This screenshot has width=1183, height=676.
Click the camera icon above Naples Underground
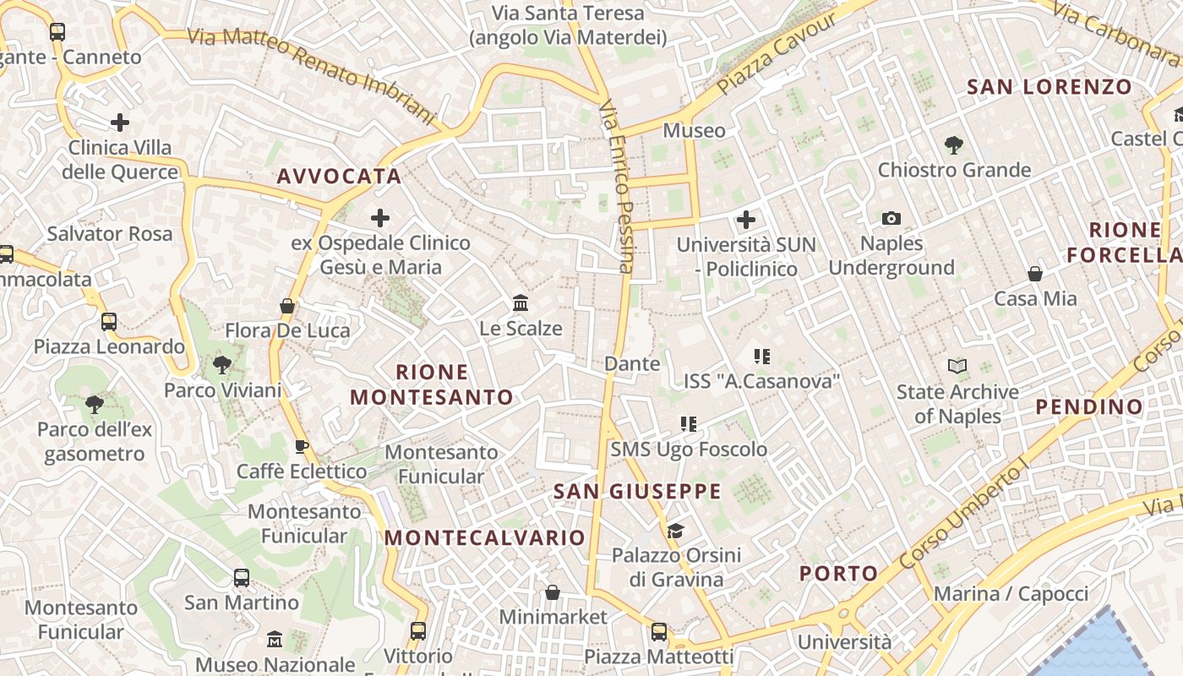pyautogui.click(x=891, y=219)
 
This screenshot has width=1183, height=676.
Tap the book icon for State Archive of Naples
pyautogui.click(x=957, y=366)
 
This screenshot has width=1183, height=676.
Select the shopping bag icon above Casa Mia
pyautogui.click(x=1034, y=274)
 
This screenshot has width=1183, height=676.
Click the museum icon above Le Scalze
pyautogui.click(x=521, y=303)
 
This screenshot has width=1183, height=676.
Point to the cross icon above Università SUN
pyautogui.click(x=745, y=221)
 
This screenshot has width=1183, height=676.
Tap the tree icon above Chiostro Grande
pyautogui.click(x=954, y=145)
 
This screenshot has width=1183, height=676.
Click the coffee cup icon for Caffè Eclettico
pyautogui.click(x=301, y=446)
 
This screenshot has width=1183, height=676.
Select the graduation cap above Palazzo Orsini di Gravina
pyautogui.click(x=675, y=531)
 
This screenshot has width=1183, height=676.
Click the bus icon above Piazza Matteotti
pyautogui.click(x=659, y=631)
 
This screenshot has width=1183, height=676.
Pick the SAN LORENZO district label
pyautogui.click(x=1049, y=87)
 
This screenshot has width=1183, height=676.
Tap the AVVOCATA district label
pyautogui.click(x=339, y=177)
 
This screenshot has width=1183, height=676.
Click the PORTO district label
pyautogui.click(x=839, y=574)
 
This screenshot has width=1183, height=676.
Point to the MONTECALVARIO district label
pyautogui.click(x=485, y=538)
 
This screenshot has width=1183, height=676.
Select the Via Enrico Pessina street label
pyautogui.click(x=616, y=187)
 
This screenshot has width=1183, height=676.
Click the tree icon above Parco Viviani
pyautogui.click(x=222, y=365)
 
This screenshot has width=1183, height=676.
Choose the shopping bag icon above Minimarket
pyautogui.click(x=553, y=592)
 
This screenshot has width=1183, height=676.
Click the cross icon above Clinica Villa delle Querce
pyautogui.click(x=120, y=123)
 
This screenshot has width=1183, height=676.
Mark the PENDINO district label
pyautogui.click(x=1089, y=407)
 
